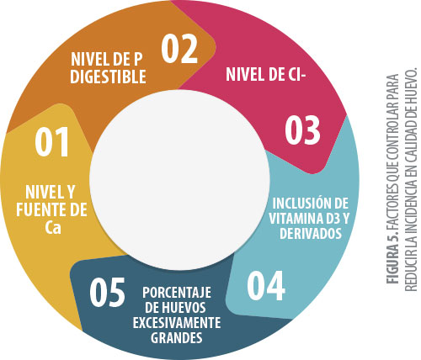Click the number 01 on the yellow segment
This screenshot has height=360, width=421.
click(52, 141)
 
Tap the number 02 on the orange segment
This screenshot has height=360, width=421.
click(179, 50)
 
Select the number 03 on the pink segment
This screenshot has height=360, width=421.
click(302, 130)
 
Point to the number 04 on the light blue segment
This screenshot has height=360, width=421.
click(266, 286)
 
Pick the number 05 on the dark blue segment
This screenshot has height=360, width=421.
click(107, 292)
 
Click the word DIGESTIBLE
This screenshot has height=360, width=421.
click(108, 77)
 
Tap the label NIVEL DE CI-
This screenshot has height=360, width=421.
click(265, 74)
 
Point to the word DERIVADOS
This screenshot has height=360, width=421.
click(311, 233)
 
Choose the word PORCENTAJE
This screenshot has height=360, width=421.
click(177, 293)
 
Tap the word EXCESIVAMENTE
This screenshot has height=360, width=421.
click(177, 323)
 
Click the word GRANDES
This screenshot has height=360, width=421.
click(177, 338)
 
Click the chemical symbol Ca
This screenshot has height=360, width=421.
click(53, 228)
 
